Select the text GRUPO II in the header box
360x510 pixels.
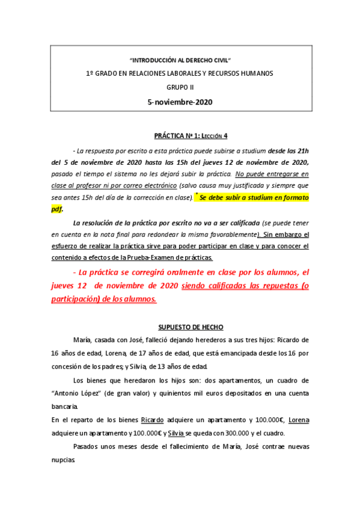tap(180, 87)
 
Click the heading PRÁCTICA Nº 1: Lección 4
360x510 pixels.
tap(191, 136)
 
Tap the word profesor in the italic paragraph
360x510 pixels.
tap(100, 185)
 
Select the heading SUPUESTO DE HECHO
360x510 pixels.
tap(191, 327)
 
